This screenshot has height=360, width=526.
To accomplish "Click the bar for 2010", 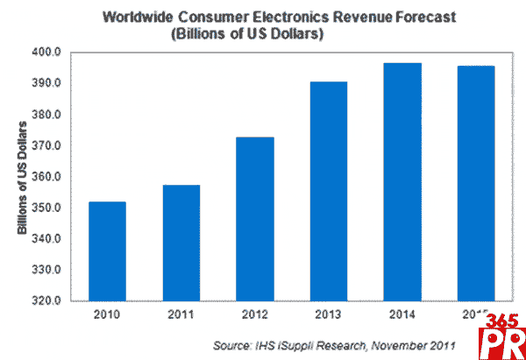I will pyautogui.click(x=106, y=251).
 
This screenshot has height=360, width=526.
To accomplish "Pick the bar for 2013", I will pyautogui.click(x=329, y=191).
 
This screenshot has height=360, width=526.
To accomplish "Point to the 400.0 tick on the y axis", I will pyautogui.click(x=46, y=53).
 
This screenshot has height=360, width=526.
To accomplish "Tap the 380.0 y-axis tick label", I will pyautogui.click(x=46, y=115).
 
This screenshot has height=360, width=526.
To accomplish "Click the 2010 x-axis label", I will pyautogui.click(x=106, y=314).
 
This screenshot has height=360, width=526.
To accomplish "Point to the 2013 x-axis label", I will pyautogui.click(x=329, y=314).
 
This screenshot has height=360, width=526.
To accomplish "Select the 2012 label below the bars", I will pyautogui.click(x=255, y=314).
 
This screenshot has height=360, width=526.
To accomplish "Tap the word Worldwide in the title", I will pyautogui.click(x=142, y=17).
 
